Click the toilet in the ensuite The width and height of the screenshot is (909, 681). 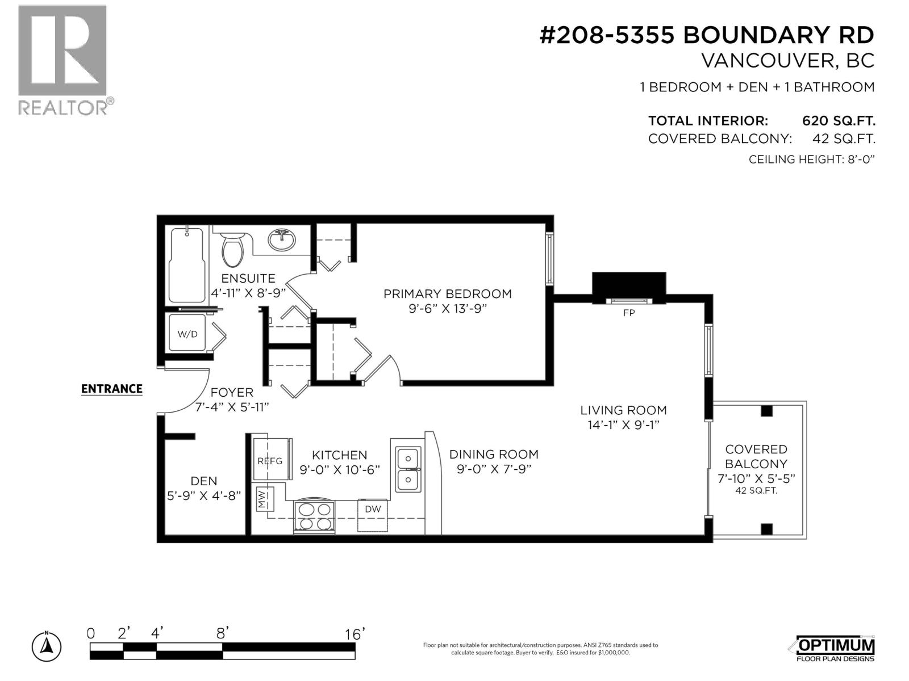232,251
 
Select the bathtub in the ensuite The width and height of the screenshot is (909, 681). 187,265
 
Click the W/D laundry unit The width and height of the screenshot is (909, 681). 188,334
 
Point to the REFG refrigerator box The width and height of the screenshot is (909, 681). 270,461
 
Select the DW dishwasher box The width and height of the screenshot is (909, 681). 373,509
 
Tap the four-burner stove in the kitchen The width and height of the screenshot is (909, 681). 314,517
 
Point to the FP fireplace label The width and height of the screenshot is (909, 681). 629,313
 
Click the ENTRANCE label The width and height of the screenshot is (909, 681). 112,389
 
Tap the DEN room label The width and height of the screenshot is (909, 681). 203,481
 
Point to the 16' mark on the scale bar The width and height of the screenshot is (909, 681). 355,634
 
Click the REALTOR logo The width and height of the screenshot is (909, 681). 64,60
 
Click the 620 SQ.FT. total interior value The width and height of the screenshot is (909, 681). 839,121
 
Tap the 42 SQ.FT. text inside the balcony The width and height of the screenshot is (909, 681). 756,491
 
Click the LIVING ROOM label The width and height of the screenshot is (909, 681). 623,410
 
